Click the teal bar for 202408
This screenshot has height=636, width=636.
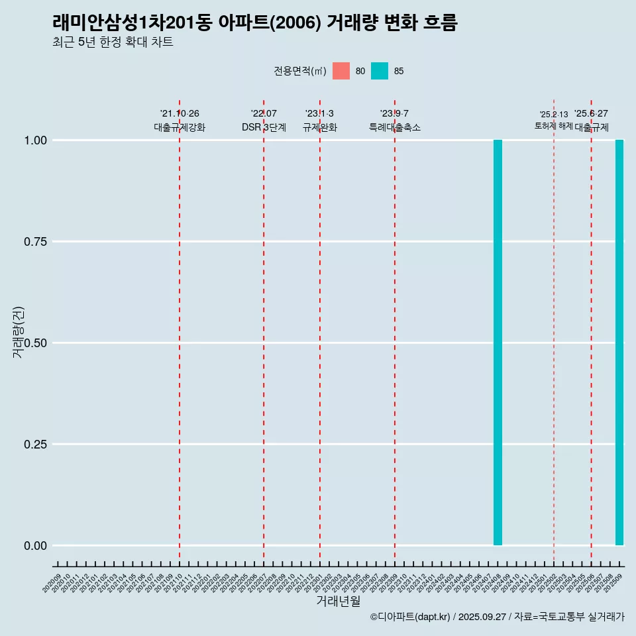point(498,343)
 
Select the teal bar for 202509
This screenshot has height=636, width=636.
point(619,343)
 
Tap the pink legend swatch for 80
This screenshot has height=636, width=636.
point(341,71)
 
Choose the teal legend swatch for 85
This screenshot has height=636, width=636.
point(380,71)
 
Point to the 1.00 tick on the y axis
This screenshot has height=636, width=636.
point(35,140)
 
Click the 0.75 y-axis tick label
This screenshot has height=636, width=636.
point(35,242)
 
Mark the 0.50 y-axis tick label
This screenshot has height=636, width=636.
point(35,343)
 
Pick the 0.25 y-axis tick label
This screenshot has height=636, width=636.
point(35,445)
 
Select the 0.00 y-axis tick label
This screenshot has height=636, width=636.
point(35,546)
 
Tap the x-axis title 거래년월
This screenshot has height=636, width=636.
point(338,601)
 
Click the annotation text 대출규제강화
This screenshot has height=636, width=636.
point(180,127)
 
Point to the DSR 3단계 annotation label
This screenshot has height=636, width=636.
point(264,127)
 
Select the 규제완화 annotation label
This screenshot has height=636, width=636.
point(320,127)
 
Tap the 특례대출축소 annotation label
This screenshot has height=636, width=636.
point(395,127)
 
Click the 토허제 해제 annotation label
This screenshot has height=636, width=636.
point(553,126)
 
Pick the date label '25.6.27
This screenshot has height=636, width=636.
point(591,114)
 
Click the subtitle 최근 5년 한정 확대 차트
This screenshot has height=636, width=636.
point(113,42)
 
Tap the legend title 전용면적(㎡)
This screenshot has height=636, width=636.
point(299,72)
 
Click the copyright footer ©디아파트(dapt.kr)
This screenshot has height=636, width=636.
point(410,617)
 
